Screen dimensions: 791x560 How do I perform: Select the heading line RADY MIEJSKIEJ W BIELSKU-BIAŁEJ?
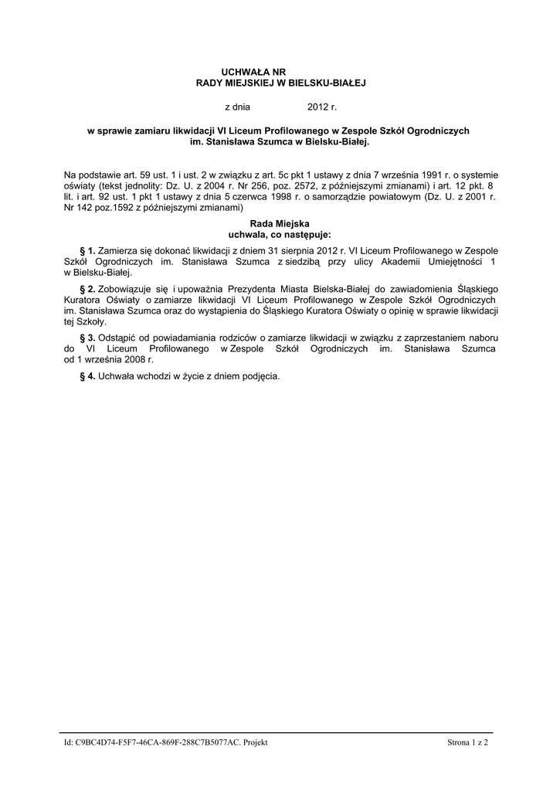tap(280, 82)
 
